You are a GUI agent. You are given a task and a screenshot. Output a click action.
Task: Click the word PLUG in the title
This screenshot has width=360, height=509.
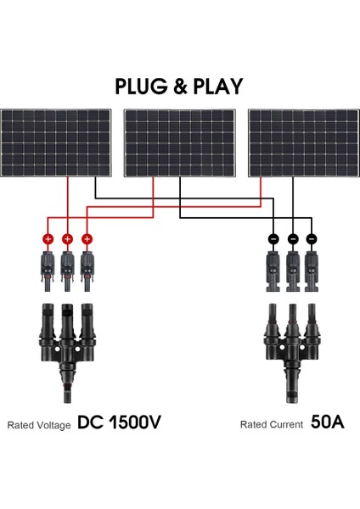(143, 86)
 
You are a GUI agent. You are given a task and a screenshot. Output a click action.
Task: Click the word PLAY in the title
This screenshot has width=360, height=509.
(215, 86)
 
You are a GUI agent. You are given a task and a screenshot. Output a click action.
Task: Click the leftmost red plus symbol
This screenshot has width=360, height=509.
(48, 239)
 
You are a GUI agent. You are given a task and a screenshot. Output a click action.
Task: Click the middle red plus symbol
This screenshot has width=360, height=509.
(67, 239)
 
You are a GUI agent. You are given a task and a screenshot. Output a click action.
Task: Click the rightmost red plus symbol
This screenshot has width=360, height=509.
(86, 239)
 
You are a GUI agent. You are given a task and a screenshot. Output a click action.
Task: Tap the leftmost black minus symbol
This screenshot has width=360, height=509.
(274, 239)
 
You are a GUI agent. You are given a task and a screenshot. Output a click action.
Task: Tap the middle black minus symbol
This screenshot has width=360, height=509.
(293, 239)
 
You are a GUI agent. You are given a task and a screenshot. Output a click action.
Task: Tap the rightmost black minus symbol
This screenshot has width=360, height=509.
(312, 239)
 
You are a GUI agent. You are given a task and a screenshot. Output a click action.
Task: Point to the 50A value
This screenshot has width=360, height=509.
(326, 422)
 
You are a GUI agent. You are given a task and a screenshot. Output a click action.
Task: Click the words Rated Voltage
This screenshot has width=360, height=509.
(39, 424)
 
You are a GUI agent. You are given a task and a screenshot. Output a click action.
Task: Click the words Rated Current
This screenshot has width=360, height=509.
(271, 424)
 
